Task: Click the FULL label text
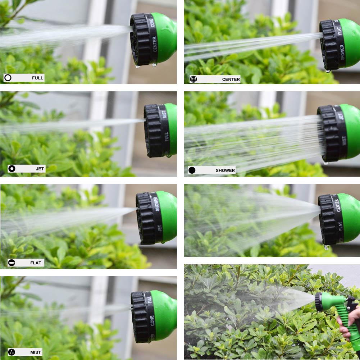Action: (x=37, y=78)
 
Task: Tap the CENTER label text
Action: (x=231, y=79)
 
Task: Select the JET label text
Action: (x=40, y=169)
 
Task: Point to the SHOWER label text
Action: (x=225, y=170)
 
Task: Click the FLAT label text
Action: (x=36, y=263)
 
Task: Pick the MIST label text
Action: (x=36, y=352)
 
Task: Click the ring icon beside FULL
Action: (x=8, y=78)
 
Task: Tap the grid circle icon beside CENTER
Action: (x=193, y=79)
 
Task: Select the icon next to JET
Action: (x=12, y=169)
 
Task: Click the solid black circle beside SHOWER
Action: (x=192, y=170)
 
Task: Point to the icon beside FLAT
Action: (x=12, y=263)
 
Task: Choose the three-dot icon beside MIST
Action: (x=12, y=352)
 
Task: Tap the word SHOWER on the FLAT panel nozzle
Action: (x=157, y=204)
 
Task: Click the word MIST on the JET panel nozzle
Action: (x=164, y=114)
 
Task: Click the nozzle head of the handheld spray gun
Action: (x=319, y=302)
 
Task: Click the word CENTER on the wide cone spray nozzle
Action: (x=338, y=205)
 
